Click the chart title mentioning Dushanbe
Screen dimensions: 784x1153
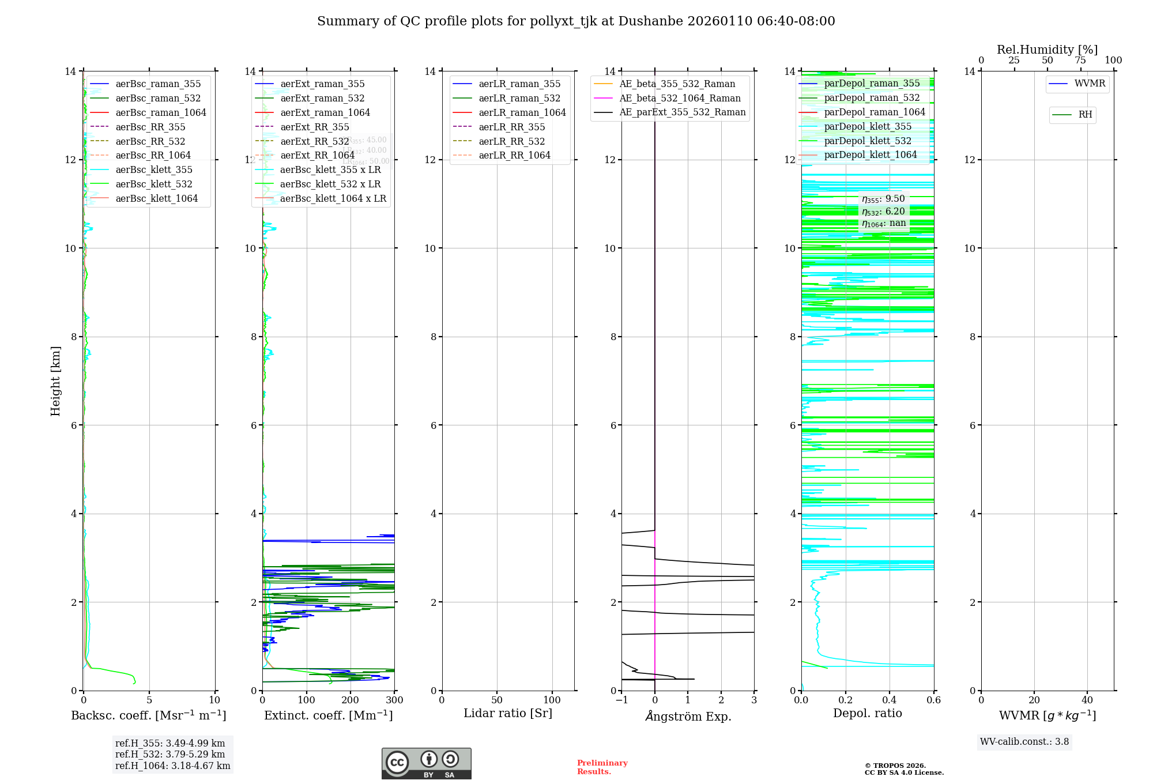coord(576,21)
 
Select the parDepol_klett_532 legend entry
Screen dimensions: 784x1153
coord(867,141)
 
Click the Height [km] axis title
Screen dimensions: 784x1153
coord(55,381)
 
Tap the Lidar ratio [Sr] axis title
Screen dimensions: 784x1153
coord(508,713)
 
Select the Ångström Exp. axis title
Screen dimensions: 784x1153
coord(688,716)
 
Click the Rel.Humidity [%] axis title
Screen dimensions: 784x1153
coord(1047,50)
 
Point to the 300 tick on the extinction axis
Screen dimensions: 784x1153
coord(394,700)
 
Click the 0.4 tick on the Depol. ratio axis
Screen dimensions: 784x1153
coord(890,700)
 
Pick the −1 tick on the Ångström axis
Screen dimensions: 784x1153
coord(621,700)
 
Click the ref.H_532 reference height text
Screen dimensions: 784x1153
coord(170,754)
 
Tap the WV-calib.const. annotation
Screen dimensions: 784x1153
coord(1024,742)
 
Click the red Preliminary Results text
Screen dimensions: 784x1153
coord(602,767)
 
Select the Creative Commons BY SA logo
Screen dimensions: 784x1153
coord(426,764)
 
